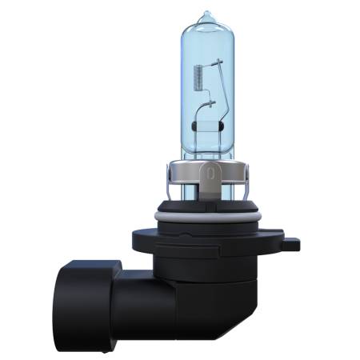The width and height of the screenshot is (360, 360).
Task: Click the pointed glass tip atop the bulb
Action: point(207,15)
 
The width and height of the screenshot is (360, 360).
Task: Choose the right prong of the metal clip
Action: point(239,186)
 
